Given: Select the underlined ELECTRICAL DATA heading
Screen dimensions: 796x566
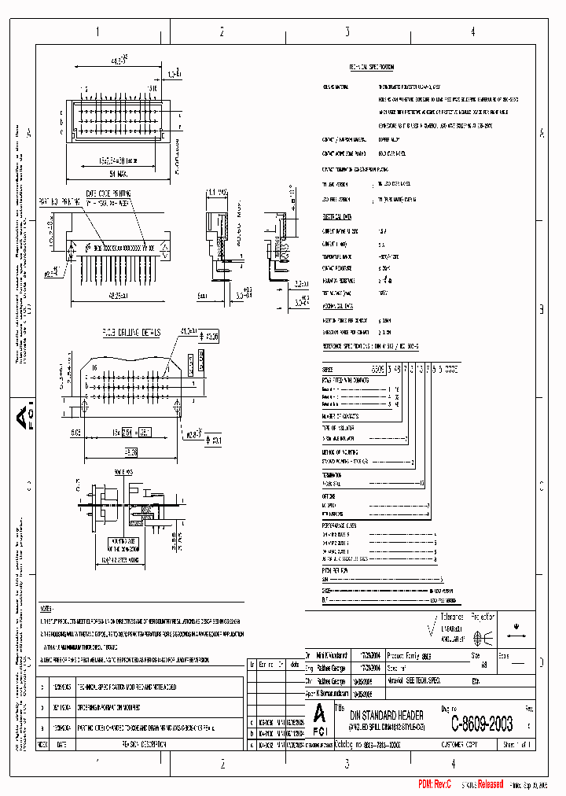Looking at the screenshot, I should point(340,215).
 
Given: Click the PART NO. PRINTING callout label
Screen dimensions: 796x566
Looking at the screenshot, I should point(59,203).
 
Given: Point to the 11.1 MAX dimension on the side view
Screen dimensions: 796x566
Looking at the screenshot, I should point(216,192).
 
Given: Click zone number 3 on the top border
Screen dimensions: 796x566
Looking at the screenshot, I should point(347,32).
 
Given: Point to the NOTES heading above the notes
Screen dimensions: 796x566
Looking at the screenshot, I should point(46,609).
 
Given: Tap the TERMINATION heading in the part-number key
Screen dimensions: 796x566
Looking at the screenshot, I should point(336,475).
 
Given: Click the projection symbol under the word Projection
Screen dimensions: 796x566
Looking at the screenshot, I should point(484,638).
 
